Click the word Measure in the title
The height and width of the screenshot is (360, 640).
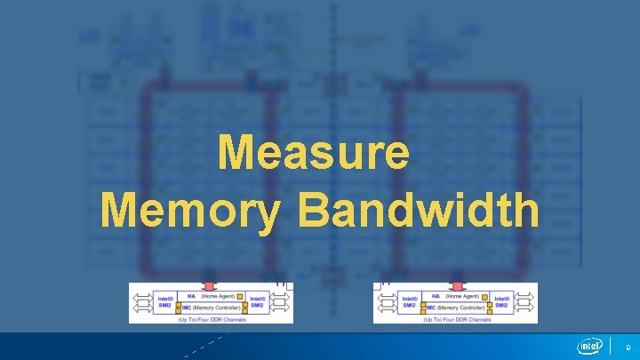pyautogui.click(x=314, y=153)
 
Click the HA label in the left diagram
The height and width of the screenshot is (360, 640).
pyautogui.click(x=191, y=296)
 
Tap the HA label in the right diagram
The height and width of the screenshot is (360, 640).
pyautogui.click(x=436, y=296)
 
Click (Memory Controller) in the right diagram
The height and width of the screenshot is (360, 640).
pyautogui.click(x=466, y=307)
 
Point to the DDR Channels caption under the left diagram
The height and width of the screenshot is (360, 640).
pyautogui.click(x=212, y=318)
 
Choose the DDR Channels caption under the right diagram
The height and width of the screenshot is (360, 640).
pyautogui.click(x=456, y=318)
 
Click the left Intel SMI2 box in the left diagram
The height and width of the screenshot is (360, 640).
pyautogui.click(x=165, y=301)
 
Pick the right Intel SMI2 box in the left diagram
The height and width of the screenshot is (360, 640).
pyautogui.click(x=258, y=301)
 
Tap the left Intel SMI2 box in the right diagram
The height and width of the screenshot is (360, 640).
pyautogui.click(x=410, y=301)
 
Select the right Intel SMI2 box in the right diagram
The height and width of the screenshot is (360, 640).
pyautogui.click(x=502, y=301)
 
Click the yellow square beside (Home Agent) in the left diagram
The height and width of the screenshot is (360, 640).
pyautogui.click(x=238, y=296)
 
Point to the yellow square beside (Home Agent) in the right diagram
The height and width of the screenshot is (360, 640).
pyautogui.click(x=483, y=296)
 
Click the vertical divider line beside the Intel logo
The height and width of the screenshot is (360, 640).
pyautogui.click(x=611, y=346)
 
